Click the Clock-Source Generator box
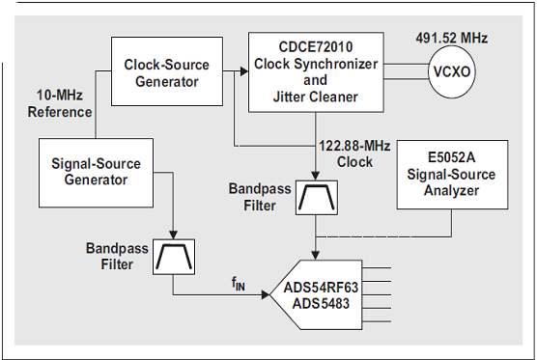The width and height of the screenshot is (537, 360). tap(167, 71)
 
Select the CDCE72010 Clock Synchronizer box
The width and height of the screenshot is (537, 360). tap(316, 72)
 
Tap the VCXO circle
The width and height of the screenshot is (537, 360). tap(452, 71)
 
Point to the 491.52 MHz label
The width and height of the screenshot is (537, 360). tap(452, 38)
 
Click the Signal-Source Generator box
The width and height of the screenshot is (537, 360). tap(96, 173)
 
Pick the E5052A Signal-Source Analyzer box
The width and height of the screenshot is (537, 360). tap(452, 174)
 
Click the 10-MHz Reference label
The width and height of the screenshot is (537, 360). tap(60, 103)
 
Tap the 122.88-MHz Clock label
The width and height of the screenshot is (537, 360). tap(354, 154)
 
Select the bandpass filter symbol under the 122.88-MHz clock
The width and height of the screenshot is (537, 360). tap(317, 198)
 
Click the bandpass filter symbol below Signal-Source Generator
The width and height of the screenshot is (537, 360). tap(174, 257)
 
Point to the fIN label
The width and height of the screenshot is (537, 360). tap(239, 284)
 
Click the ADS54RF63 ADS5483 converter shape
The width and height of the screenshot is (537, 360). tap(316, 294)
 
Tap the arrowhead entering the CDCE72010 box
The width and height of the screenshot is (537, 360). tap(244, 71)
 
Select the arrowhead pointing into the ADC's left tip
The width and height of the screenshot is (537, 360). tap(266, 294)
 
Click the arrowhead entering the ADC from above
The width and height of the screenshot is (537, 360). tap(316, 256)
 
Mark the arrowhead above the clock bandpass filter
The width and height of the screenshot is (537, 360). tap(316, 176)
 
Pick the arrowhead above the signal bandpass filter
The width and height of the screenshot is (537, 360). tap(174, 235)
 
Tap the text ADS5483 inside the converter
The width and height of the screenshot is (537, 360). tap(321, 303)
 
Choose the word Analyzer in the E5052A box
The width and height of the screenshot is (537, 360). tap(451, 191)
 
